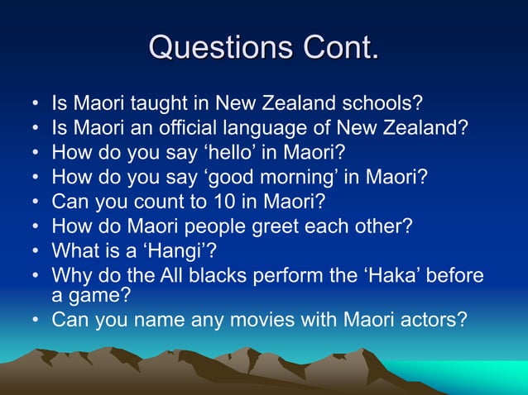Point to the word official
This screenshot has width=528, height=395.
click(187, 129)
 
